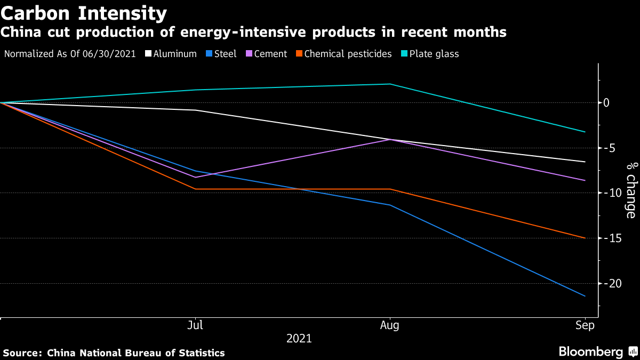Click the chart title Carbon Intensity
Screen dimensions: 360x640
84,12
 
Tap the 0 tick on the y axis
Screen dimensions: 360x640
606,102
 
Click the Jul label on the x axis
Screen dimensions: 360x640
196,325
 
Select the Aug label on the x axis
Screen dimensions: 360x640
391,325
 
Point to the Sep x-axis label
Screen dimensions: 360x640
585,325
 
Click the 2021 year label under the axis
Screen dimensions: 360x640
299,339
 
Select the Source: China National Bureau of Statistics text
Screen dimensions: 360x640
114,353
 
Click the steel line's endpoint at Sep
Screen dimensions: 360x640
585,296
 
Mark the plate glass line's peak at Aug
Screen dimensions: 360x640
391,84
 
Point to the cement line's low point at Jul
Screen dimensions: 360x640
196,177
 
